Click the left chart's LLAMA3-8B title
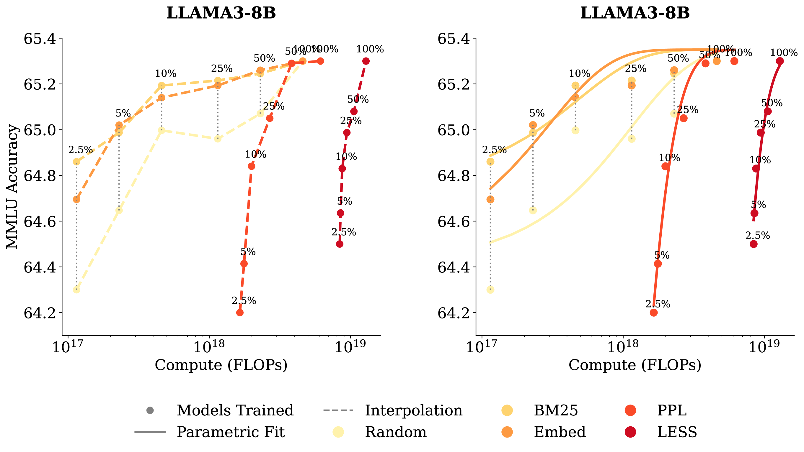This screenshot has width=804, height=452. (x=221, y=13)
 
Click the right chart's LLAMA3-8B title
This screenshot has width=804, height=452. (x=635, y=13)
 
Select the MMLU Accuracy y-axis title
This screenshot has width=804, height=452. (x=12, y=186)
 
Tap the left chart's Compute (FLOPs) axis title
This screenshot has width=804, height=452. (x=221, y=365)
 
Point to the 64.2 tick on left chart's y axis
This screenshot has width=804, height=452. (x=40, y=313)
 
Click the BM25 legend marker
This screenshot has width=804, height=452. (x=507, y=410)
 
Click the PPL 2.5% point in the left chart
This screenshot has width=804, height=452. (x=240, y=313)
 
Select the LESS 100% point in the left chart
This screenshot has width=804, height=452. (x=366, y=61)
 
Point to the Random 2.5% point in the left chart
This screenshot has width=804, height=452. (x=76, y=290)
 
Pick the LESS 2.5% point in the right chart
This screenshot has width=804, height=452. (x=754, y=244)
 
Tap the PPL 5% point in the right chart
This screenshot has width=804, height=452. (x=658, y=264)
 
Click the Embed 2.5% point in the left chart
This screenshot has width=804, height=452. (x=76, y=200)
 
